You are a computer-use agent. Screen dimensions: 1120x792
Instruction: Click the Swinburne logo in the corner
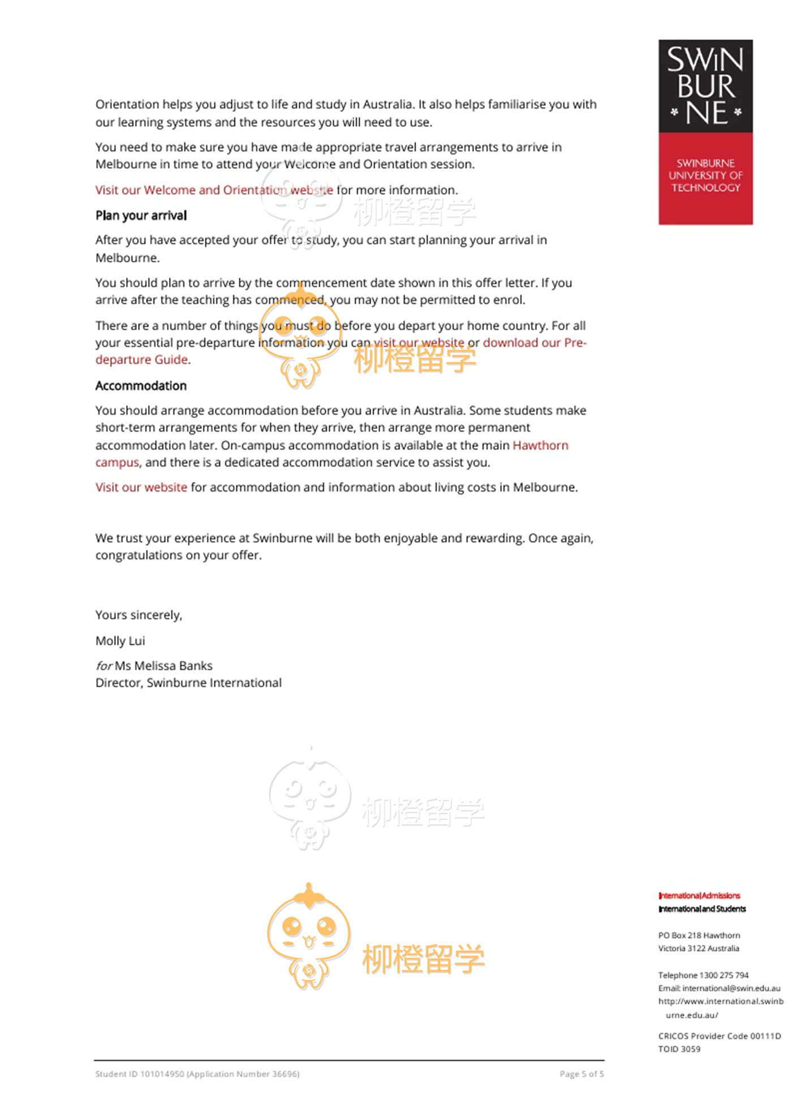click(705, 132)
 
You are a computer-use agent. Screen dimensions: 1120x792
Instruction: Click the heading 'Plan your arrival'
click(141, 216)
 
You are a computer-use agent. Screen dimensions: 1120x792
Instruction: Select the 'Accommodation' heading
click(141, 386)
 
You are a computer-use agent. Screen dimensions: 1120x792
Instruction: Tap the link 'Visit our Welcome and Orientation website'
click(214, 190)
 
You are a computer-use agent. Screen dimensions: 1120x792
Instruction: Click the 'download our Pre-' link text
click(534, 343)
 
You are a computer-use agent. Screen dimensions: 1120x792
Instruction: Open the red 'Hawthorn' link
click(540, 445)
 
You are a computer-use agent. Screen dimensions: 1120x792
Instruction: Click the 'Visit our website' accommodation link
click(141, 487)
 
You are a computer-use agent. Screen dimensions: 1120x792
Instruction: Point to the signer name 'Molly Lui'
click(120, 641)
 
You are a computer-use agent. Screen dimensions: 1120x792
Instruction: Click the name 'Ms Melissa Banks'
click(163, 666)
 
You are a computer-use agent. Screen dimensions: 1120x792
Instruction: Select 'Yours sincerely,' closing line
click(139, 615)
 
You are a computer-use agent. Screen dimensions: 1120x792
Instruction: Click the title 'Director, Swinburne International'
click(188, 683)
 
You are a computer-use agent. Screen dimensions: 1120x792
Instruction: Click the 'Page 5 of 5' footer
click(582, 1074)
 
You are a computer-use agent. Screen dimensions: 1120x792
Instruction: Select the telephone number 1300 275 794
click(724, 975)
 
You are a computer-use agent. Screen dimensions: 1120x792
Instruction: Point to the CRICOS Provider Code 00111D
click(765, 1036)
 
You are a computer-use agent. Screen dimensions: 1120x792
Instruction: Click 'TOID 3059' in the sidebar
click(679, 1049)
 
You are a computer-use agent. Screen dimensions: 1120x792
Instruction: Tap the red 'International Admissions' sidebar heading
click(699, 895)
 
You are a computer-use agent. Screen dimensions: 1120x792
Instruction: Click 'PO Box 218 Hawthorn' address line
click(699, 935)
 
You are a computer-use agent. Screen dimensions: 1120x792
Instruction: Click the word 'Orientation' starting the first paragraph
click(127, 105)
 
